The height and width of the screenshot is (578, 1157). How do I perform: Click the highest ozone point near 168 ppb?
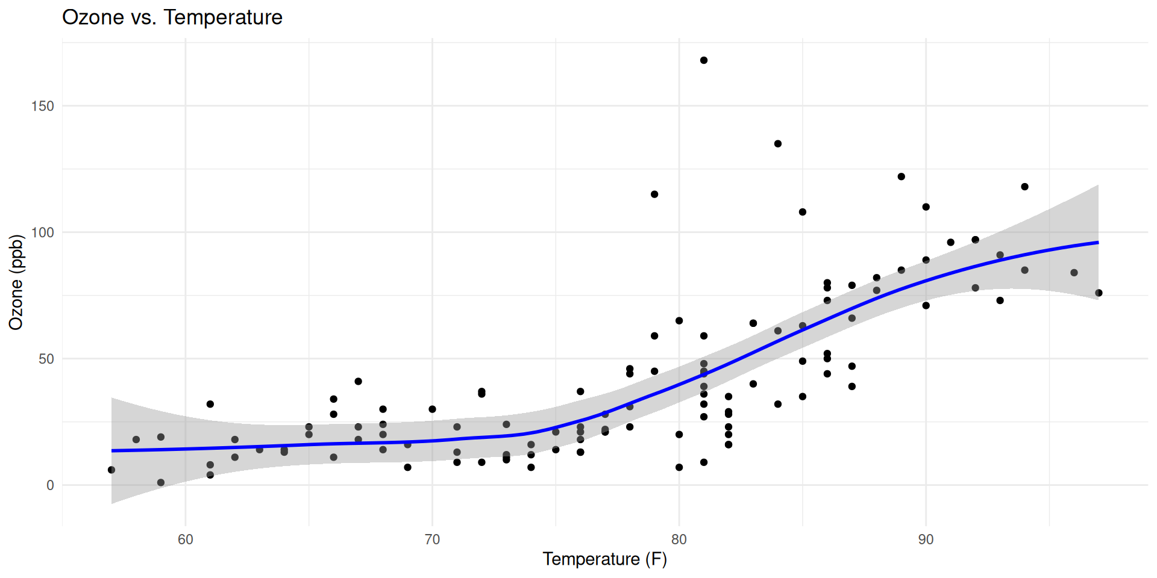(704, 60)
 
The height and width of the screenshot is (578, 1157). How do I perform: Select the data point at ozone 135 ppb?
(778, 144)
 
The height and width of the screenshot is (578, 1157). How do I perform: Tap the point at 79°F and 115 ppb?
(654, 194)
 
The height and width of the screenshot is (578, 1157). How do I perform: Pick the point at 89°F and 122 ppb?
(901, 176)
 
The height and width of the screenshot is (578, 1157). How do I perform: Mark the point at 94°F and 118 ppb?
(1025, 187)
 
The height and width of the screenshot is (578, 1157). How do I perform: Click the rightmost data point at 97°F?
(1099, 293)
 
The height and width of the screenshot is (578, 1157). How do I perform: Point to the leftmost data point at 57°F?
(111, 470)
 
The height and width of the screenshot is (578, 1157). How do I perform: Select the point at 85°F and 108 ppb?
(803, 212)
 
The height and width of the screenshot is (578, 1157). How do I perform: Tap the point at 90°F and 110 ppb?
(926, 207)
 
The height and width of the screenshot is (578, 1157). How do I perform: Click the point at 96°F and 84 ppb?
(1074, 273)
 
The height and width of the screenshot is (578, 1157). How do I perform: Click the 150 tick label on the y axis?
(42, 106)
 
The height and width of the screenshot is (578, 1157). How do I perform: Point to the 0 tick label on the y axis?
(50, 485)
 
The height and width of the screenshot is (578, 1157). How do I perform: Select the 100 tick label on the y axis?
(42, 232)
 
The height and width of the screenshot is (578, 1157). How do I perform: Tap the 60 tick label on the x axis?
(186, 539)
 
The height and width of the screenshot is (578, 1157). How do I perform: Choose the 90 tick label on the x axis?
(926, 539)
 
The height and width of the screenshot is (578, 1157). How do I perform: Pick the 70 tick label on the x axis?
(432, 539)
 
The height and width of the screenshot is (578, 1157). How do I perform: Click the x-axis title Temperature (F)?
(604, 559)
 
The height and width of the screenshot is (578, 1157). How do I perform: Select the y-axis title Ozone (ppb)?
(16, 282)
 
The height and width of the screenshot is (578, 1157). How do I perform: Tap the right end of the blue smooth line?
(1097, 243)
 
